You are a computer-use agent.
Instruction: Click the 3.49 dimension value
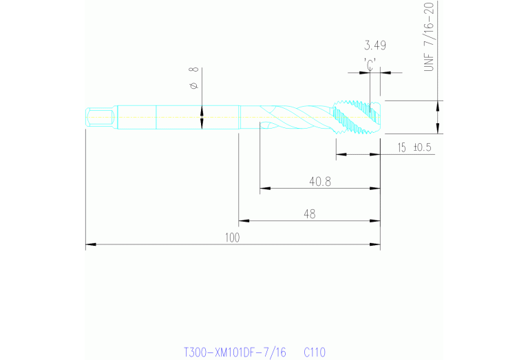tap(374, 46)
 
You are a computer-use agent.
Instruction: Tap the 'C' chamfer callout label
tap(370, 63)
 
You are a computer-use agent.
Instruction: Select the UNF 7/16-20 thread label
tap(430, 38)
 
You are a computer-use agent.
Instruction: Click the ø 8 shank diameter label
tap(193, 78)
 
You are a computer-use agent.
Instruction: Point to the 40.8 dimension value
tap(321, 182)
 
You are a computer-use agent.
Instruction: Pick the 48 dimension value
tap(309, 215)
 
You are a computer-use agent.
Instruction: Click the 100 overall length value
tap(232, 237)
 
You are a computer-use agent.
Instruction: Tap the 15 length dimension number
tap(402, 148)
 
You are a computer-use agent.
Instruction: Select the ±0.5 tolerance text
tap(422, 148)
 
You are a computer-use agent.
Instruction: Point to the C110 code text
tap(315, 352)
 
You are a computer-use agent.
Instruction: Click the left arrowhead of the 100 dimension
tap(89, 244)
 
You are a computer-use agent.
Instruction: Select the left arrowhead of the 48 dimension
tap(242, 221)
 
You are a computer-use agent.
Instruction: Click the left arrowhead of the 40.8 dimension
tap(264, 188)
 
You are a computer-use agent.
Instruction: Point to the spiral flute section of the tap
tap(296, 117)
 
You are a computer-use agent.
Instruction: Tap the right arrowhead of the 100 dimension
tap(377, 244)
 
